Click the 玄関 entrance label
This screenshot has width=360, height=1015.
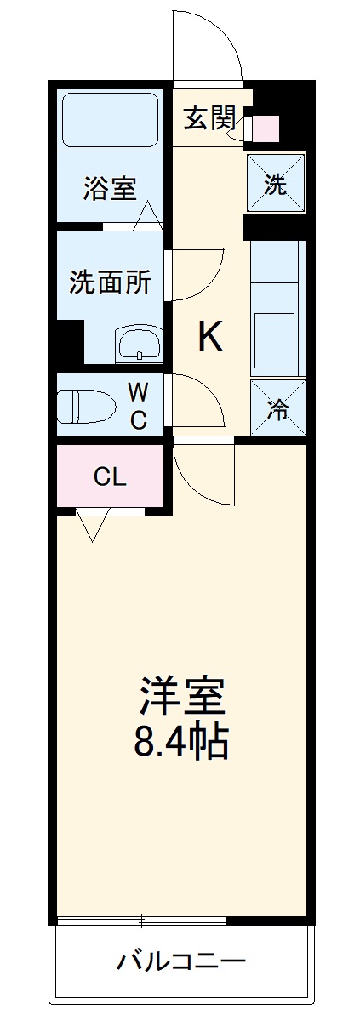[209, 118]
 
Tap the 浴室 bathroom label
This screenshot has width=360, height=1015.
[110, 188]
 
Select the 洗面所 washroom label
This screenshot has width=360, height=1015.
[111, 282]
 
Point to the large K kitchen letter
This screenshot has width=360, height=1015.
[211, 338]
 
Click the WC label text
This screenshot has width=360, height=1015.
[139, 405]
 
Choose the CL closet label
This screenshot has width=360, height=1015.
[110, 477]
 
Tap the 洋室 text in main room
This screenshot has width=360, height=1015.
[181, 697]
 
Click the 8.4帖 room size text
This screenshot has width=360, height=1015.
[180, 743]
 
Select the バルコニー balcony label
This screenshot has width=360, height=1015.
[180, 962]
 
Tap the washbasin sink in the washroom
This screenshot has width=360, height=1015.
[139, 345]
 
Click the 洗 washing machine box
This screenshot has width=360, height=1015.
[276, 182]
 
